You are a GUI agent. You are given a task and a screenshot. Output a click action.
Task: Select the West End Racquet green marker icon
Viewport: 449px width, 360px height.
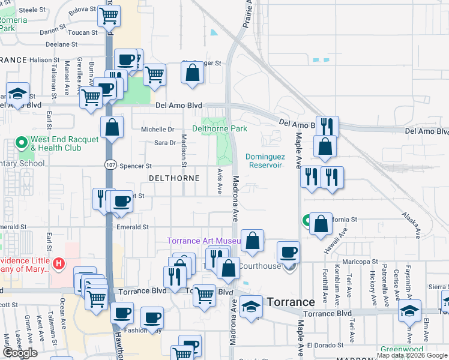23,143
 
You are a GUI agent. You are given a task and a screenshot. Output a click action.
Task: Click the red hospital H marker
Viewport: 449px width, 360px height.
58,263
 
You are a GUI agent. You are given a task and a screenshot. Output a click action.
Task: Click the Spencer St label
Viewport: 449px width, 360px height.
136,166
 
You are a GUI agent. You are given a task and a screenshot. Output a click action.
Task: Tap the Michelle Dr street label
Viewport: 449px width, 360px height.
157,129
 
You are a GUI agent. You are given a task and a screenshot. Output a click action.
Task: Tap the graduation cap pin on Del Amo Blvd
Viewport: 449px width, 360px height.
18,94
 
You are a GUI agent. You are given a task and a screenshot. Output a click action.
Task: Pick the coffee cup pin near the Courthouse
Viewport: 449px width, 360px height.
288,251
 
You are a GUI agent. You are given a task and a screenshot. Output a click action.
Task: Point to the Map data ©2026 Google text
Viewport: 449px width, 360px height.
412,355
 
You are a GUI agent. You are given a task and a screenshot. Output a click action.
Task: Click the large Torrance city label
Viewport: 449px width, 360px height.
291,302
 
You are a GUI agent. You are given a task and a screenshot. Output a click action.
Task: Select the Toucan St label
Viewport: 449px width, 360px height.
83,32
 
